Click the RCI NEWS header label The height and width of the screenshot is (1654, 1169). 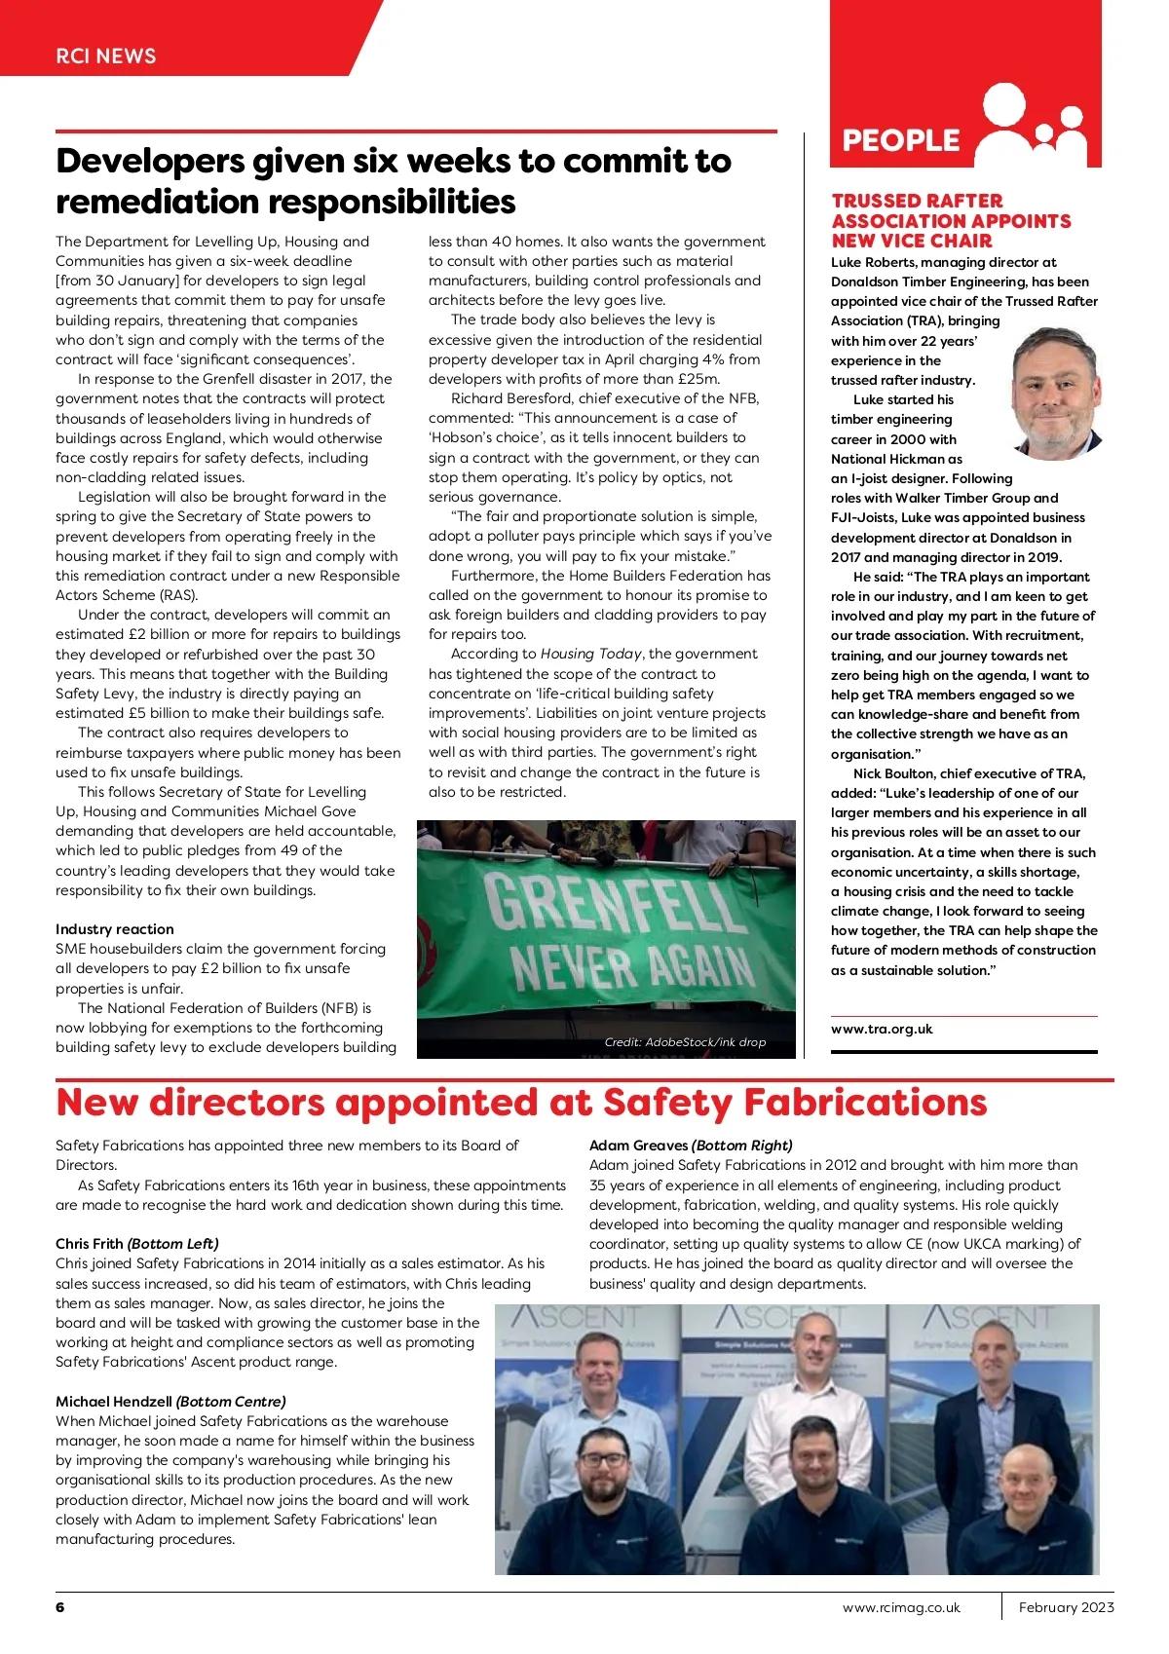pos(105,56)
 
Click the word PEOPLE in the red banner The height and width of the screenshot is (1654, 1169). pos(901,140)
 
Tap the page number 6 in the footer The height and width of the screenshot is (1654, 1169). pos(60,1606)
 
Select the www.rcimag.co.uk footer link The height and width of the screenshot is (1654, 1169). pos(901,1607)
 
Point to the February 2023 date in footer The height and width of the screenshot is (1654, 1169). pos(1066,1607)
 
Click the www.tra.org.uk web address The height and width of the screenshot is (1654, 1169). pos(882,1029)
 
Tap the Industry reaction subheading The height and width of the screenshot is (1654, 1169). pos(115,929)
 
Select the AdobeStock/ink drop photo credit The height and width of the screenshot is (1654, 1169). pos(685,1041)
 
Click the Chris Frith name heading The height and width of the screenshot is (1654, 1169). pos(91,1243)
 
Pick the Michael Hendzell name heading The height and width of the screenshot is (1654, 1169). pos(115,1401)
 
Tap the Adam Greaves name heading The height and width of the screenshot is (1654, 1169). pos(639,1145)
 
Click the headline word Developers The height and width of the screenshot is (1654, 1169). pos(150,161)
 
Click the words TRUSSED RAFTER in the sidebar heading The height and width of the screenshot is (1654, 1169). pos(917,201)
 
